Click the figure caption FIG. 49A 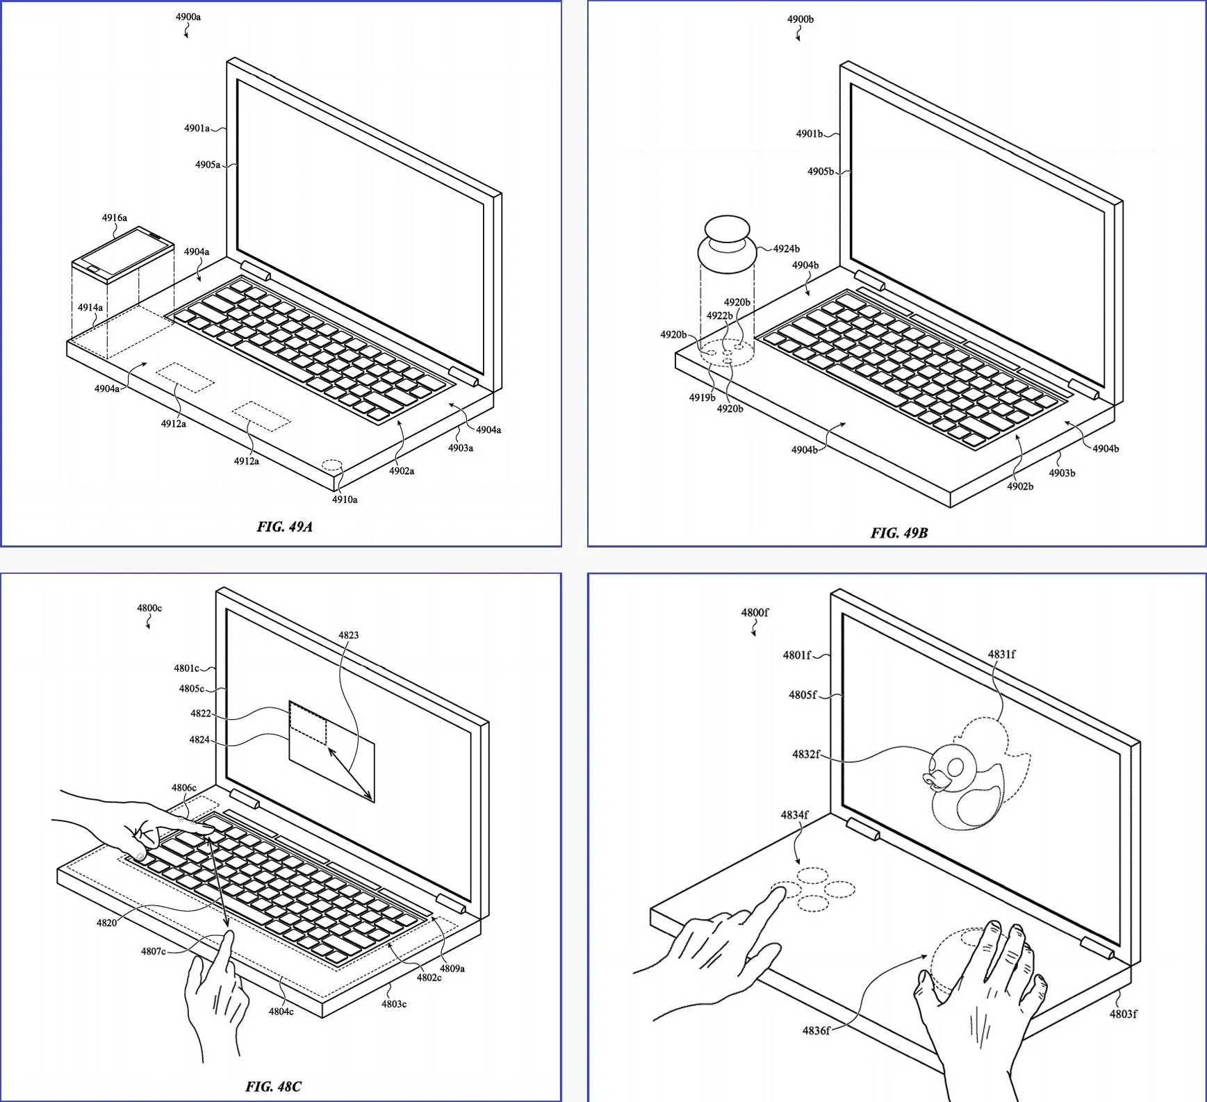tap(284, 527)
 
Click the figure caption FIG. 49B tap(898, 533)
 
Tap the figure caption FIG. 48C tap(273, 1086)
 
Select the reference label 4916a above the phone tap(115, 217)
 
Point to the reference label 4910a tap(345, 499)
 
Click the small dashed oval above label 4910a tap(332, 463)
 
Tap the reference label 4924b tap(786, 248)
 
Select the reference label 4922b tap(719, 315)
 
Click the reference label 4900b tap(800, 19)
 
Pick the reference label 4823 tap(349, 634)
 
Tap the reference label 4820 tap(106, 923)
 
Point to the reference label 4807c tap(153, 951)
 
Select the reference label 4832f tap(806, 754)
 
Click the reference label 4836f tap(816, 1030)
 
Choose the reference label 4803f tap(1123, 1014)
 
